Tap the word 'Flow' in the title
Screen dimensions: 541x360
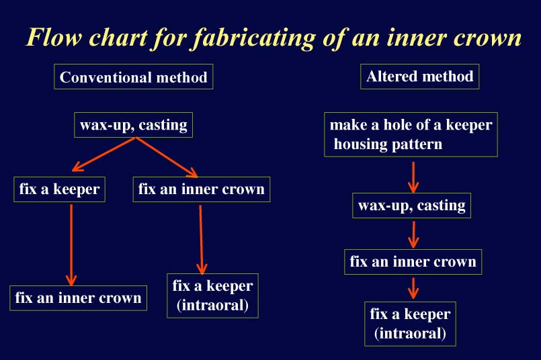click(x=54, y=37)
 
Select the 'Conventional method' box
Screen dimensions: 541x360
click(x=134, y=77)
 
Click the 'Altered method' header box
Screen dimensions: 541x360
click(x=419, y=76)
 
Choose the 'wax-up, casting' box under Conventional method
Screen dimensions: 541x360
click(x=134, y=125)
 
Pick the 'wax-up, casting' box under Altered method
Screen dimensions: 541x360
click(x=411, y=206)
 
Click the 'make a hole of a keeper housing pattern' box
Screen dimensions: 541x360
click(x=411, y=134)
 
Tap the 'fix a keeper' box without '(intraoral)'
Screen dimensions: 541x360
click(x=59, y=189)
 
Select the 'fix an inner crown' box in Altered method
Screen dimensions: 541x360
click(x=413, y=262)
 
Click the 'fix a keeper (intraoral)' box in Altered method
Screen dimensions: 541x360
click(x=410, y=324)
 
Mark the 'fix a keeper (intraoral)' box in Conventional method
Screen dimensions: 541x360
click(x=212, y=296)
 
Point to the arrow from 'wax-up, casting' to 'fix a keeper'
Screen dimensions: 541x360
click(x=103, y=154)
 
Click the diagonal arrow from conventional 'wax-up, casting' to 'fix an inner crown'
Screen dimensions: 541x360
click(x=167, y=157)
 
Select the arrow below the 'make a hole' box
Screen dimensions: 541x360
click(x=413, y=177)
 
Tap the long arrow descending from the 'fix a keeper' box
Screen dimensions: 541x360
click(x=71, y=245)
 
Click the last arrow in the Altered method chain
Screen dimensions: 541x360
click(x=413, y=288)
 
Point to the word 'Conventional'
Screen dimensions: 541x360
click(x=106, y=77)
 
